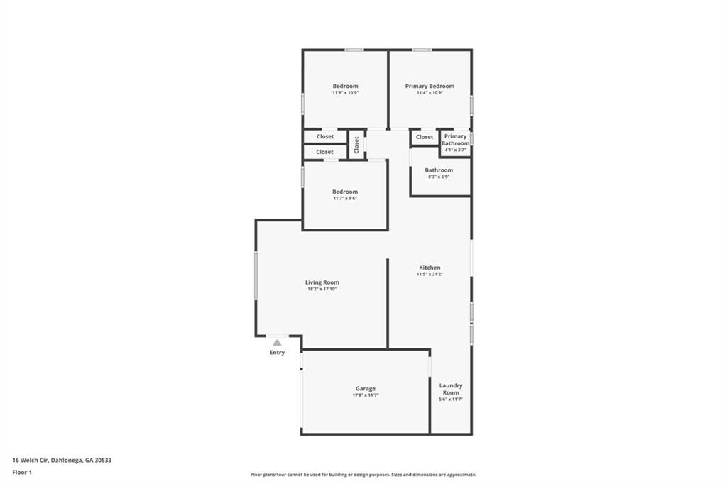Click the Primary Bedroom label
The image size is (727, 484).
pos(430,87)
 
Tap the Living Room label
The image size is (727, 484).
pos(322,282)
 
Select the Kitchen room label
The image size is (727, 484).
pos(430,268)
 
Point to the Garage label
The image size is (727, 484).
pos(366,388)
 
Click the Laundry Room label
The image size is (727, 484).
pos(451,389)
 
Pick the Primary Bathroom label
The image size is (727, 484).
pos(456,140)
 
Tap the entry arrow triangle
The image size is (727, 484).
pos(277,342)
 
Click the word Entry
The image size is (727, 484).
pos(277,353)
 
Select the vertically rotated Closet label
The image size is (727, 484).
pos(356,144)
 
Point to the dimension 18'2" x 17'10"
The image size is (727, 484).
pos(322,290)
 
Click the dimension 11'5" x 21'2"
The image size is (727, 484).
pos(430,275)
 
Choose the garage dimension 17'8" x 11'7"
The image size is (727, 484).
pos(366,395)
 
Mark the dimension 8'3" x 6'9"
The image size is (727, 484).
pos(439,177)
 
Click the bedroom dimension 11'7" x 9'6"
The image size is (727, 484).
pos(345,199)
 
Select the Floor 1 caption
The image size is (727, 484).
pos(22,472)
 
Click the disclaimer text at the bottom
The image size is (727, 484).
pos(363,475)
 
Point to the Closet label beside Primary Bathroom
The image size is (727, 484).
pos(425,137)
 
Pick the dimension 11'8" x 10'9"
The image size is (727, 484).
pos(345,93)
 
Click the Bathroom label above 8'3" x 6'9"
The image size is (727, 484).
pos(439,170)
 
